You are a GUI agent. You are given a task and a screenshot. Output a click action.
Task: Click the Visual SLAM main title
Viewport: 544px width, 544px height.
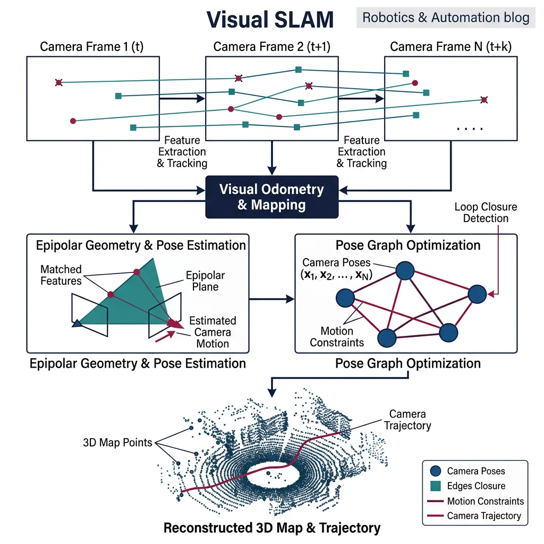pos(270,20)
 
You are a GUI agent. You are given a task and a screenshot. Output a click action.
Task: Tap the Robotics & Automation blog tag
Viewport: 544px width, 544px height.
pos(446,18)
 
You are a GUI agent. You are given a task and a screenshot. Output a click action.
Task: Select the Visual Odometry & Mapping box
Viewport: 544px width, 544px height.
pos(271,197)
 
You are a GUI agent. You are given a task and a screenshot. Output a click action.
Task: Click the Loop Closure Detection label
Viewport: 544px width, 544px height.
pos(486,212)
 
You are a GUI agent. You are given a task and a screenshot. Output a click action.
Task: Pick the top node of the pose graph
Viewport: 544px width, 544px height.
pos(405,270)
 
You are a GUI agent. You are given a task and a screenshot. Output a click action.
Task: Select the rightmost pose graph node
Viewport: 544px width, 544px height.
pos(477,294)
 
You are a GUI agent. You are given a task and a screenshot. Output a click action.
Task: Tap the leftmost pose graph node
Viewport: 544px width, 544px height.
pos(346,298)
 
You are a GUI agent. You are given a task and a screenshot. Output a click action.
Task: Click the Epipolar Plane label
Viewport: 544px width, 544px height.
pos(205,281)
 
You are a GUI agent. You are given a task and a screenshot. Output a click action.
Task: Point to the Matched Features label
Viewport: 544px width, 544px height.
pos(61,275)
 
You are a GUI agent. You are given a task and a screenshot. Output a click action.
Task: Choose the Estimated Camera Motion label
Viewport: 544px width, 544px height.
pos(212,332)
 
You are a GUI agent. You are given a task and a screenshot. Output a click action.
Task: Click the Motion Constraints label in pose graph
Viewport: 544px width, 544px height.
pos(337,337)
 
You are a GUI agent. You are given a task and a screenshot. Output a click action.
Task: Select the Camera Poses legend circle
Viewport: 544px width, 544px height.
pos(436,471)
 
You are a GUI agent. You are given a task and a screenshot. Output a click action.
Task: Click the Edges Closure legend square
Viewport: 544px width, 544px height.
pos(436,486)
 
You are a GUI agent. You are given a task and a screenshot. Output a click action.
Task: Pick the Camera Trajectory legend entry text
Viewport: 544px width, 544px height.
pos(484,516)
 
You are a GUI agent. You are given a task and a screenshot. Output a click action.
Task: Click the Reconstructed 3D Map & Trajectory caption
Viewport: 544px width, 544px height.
pos(271,528)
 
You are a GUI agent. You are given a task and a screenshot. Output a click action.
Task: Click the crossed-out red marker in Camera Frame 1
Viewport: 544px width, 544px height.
pos(58,82)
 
